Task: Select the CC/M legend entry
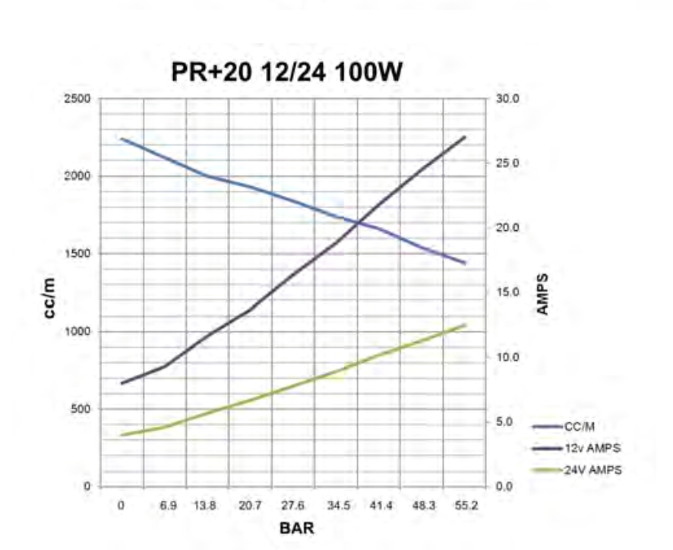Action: [582, 427]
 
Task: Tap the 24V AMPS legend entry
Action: [592, 470]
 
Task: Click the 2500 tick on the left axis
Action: [78, 99]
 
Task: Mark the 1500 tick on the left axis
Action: [78, 254]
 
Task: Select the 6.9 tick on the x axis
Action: [168, 504]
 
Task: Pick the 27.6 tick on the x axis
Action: [293, 504]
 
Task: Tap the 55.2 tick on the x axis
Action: [466, 504]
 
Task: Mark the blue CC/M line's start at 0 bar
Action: [122, 139]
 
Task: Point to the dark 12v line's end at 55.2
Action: [465, 137]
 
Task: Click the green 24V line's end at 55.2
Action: [465, 325]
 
